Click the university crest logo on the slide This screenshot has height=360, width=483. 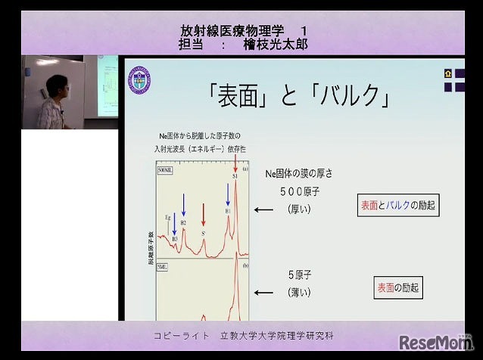[139, 80]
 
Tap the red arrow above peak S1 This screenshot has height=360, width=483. [235, 160]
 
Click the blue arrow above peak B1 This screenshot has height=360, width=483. [228, 194]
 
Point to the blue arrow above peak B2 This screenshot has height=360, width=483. [183, 203]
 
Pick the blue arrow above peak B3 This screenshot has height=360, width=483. [174, 222]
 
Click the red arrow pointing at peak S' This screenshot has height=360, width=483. [204, 215]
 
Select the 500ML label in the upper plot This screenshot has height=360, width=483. [166, 171]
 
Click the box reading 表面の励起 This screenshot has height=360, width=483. [398, 287]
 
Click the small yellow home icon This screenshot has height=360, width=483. [448, 73]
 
